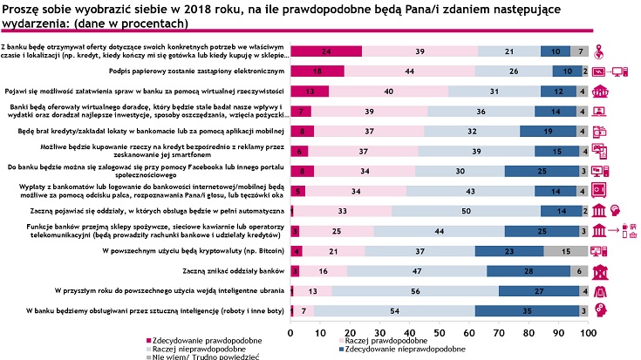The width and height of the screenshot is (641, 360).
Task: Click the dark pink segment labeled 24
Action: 325,51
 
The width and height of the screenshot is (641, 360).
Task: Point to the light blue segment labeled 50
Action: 466,211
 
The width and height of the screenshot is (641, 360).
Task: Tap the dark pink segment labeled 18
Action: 317,71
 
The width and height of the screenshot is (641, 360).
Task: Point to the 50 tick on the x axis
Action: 440,331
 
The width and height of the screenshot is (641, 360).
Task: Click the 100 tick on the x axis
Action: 589,331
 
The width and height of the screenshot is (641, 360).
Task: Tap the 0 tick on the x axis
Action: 290,331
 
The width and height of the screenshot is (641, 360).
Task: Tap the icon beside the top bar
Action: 600,51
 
